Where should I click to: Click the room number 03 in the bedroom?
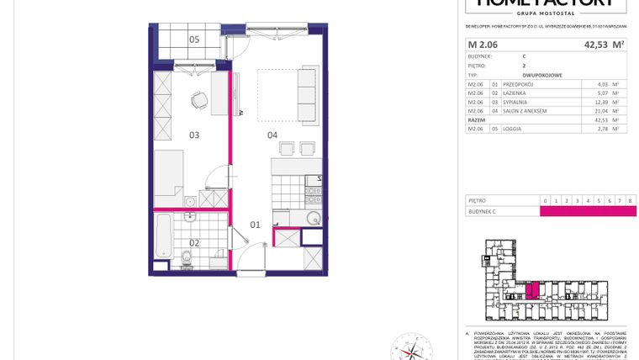point(193,135)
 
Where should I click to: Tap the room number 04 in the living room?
point(272,135)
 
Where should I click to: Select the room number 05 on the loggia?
point(193,39)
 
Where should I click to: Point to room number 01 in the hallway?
point(256,225)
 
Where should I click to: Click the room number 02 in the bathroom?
point(193,243)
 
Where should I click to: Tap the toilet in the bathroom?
point(186,256)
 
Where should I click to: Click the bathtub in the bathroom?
point(162,238)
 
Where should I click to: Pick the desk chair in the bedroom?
point(198,100)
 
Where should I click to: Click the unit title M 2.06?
point(483,45)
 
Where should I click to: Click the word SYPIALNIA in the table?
point(515,102)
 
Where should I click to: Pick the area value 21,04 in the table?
point(600,110)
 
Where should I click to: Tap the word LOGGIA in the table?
point(513,129)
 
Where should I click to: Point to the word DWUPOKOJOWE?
point(541,76)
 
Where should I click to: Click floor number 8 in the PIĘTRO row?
point(630,201)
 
